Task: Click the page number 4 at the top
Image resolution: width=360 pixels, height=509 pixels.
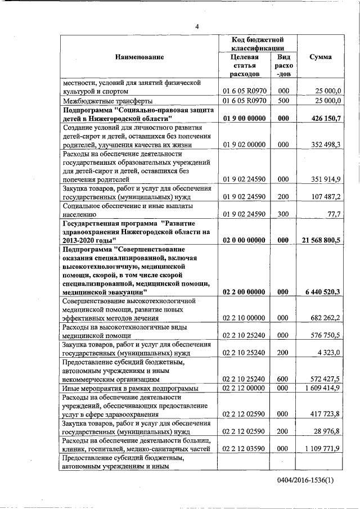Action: pos(197,27)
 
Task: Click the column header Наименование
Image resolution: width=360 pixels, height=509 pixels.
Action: pos(139,57)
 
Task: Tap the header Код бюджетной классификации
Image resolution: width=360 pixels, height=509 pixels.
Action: pos(257,44)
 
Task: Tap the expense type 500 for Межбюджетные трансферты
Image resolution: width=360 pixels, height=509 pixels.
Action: pos(283,101)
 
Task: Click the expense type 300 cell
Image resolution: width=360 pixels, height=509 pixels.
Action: pos(283,214)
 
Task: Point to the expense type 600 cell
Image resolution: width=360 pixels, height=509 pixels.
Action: pos(283,379)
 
